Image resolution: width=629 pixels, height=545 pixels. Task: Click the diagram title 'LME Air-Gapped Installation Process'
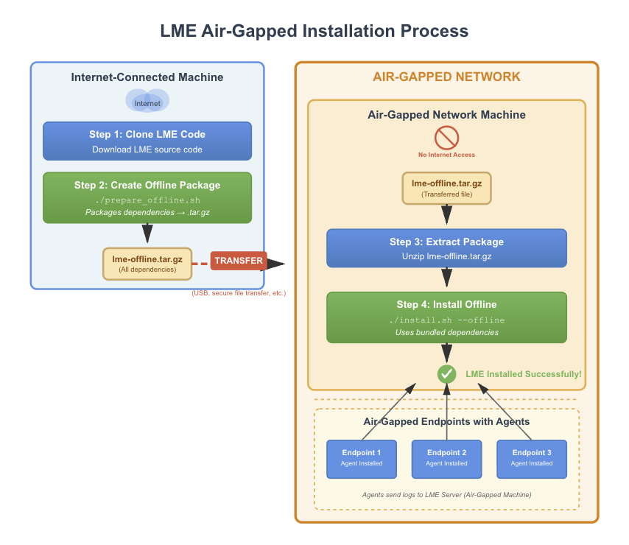[x=314, y=31]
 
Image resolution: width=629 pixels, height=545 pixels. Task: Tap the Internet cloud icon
[x=147, y=101]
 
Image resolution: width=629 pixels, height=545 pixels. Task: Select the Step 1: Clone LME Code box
[x=147, y=141]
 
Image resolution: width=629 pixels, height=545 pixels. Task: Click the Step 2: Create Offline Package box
[x=147, y=197]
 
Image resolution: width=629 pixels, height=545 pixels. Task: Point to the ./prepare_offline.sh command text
[x=147, y=200]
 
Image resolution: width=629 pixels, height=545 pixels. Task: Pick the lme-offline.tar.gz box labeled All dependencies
[x=147, y=264]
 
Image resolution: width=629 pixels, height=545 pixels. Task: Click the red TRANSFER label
[x=239, y=261]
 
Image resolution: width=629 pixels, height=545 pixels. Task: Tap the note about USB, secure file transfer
[x=239, y=293]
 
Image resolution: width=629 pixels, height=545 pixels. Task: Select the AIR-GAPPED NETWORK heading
[x=446, y=77]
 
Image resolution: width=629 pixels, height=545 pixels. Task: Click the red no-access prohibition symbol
[x=446, y=138]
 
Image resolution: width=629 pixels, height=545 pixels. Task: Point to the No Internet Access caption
[x=446, y=155]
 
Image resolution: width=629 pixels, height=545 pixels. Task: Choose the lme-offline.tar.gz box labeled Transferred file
[x=446, y=188]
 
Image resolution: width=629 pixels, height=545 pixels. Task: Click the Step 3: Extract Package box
[x=446, y=247]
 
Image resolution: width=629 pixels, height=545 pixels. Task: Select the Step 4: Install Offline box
[x=446, y=317]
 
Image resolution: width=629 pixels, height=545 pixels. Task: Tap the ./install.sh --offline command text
[x=446, y=320]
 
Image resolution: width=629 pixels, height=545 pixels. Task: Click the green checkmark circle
[x=446, y=374]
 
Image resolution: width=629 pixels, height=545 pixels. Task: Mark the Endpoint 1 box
[x=361, y=459]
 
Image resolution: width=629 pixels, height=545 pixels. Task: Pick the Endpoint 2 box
[x=446, y=459]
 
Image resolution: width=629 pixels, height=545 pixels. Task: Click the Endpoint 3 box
[x=531, y=459]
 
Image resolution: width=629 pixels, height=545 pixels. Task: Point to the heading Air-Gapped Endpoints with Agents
[x=446, y=422]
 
